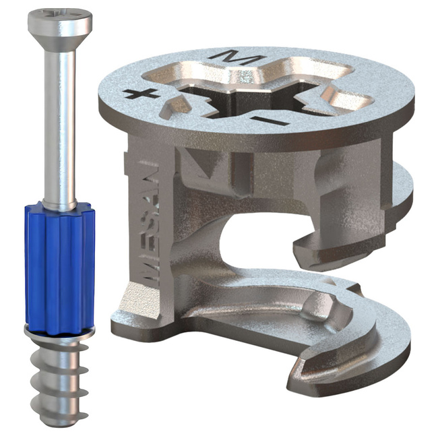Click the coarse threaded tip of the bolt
(x=59, y=383)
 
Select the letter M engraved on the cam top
(x=234, y=57)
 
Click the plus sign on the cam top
(x=141, y=93)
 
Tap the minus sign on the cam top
(x=269, y=121)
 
